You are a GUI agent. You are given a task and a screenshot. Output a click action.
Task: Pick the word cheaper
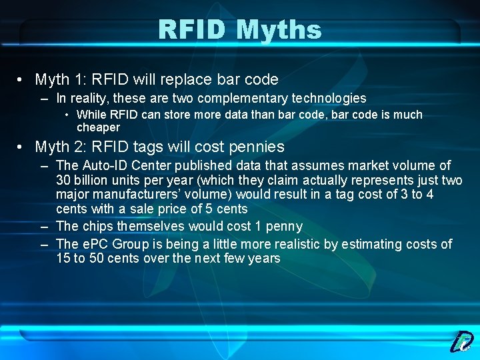(98, 127)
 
